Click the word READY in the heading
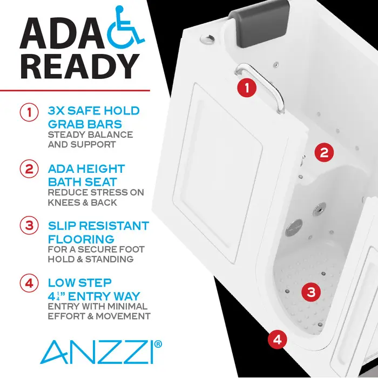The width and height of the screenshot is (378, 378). click(x=80, y=65)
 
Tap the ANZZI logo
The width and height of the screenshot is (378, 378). click(x=97, y=351)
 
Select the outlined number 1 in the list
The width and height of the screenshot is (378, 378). click(x=28, y=113)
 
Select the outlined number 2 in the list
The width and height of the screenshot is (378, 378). click(x=28, y=169)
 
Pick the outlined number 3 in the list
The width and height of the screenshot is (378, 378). click(x=28, y=225)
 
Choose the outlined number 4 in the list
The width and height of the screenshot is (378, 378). click(x=28, y=282)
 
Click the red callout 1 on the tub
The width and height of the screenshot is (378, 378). click(x=247, y=87)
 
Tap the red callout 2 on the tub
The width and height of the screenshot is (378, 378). click(x=323, y=152)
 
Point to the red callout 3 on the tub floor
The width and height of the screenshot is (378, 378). click(x=310, y=292)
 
